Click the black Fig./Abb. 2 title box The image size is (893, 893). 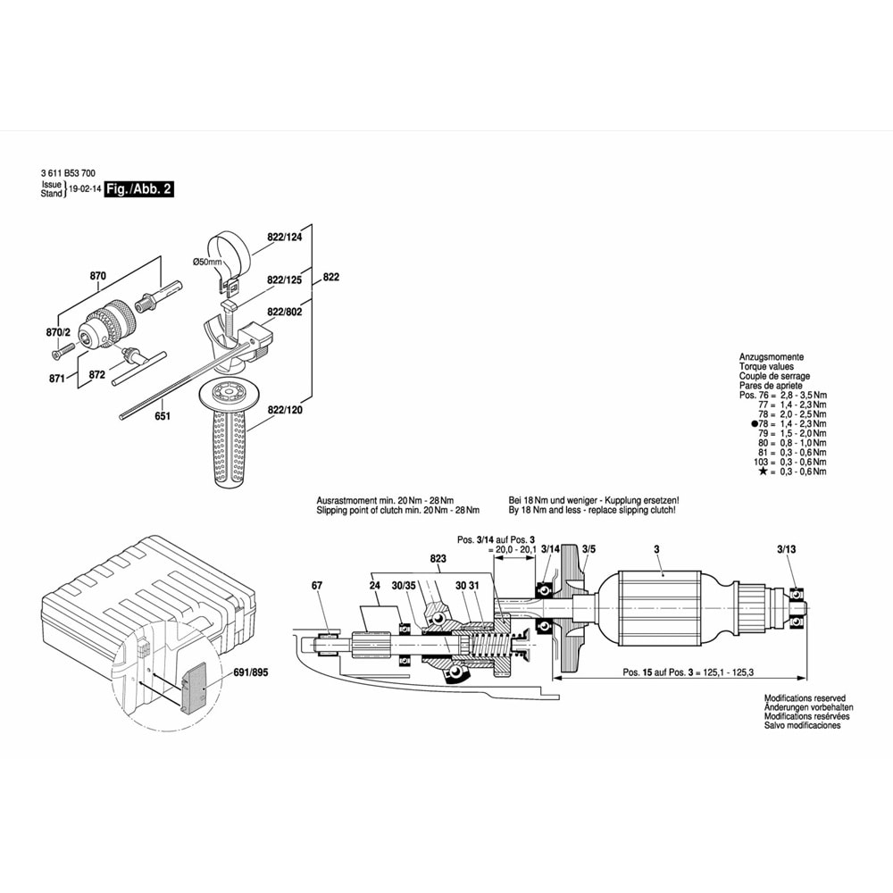pos(139,189)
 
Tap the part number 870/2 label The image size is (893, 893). pos(58,332)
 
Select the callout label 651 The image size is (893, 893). pos(163,416)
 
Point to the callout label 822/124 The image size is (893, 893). pos(285,237)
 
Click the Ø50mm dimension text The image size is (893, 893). pos(207,262)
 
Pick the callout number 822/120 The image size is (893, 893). pos(285,410)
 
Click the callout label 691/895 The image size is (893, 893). pos(251,672)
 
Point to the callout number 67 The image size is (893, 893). pos(317,586)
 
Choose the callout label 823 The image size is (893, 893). pos(438,559)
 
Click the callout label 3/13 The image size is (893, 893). pos(787,549)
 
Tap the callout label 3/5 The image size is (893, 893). pos(588,549)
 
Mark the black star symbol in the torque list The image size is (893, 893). pos(763,472)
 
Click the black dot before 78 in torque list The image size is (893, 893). pos(755,423)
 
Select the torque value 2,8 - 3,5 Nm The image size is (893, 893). pos(804,396)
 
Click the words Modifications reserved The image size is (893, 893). pos(805,698)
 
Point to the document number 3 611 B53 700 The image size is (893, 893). pos(69,173)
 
